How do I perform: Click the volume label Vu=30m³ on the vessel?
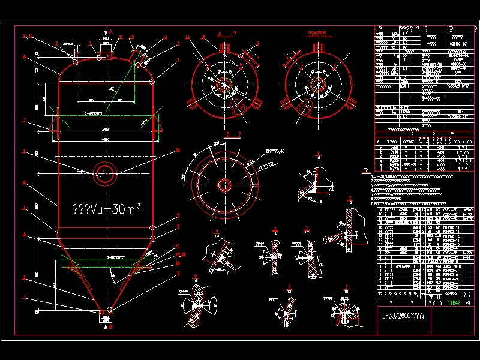click(x=107, y=208)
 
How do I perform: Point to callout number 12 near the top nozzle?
click(x=131, y=37)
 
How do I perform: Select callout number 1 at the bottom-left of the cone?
click(x=25, y=297)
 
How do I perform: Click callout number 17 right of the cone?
click(x=178, y=246)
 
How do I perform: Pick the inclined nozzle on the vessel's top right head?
click(x=139, y=56)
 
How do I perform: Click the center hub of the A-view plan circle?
click(x=225, y=82)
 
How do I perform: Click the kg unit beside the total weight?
click(x=469, y=303)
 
